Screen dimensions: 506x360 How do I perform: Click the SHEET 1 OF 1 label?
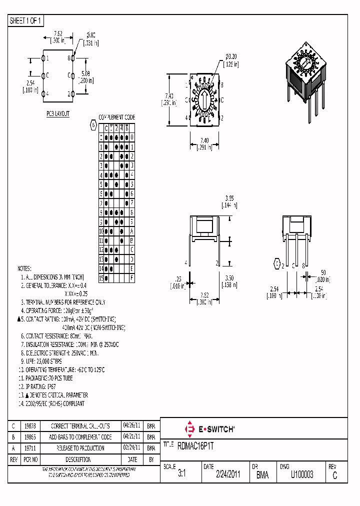coord(26,21)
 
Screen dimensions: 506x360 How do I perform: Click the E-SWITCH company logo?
coord(210,429)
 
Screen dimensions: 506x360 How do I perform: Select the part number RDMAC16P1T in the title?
coord(199,444)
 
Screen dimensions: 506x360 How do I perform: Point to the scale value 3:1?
coord(181,475)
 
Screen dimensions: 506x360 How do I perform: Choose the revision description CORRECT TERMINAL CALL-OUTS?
coord(80,426)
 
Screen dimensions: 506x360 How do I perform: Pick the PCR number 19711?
coord(29,448)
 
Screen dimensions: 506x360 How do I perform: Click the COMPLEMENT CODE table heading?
coord(116,117)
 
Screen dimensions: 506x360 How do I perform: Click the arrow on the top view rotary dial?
coord(204,98)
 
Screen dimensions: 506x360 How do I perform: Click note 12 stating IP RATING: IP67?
coord(39,386)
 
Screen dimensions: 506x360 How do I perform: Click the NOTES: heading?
coord(24,268)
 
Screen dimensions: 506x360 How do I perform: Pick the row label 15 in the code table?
coord(101,277)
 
